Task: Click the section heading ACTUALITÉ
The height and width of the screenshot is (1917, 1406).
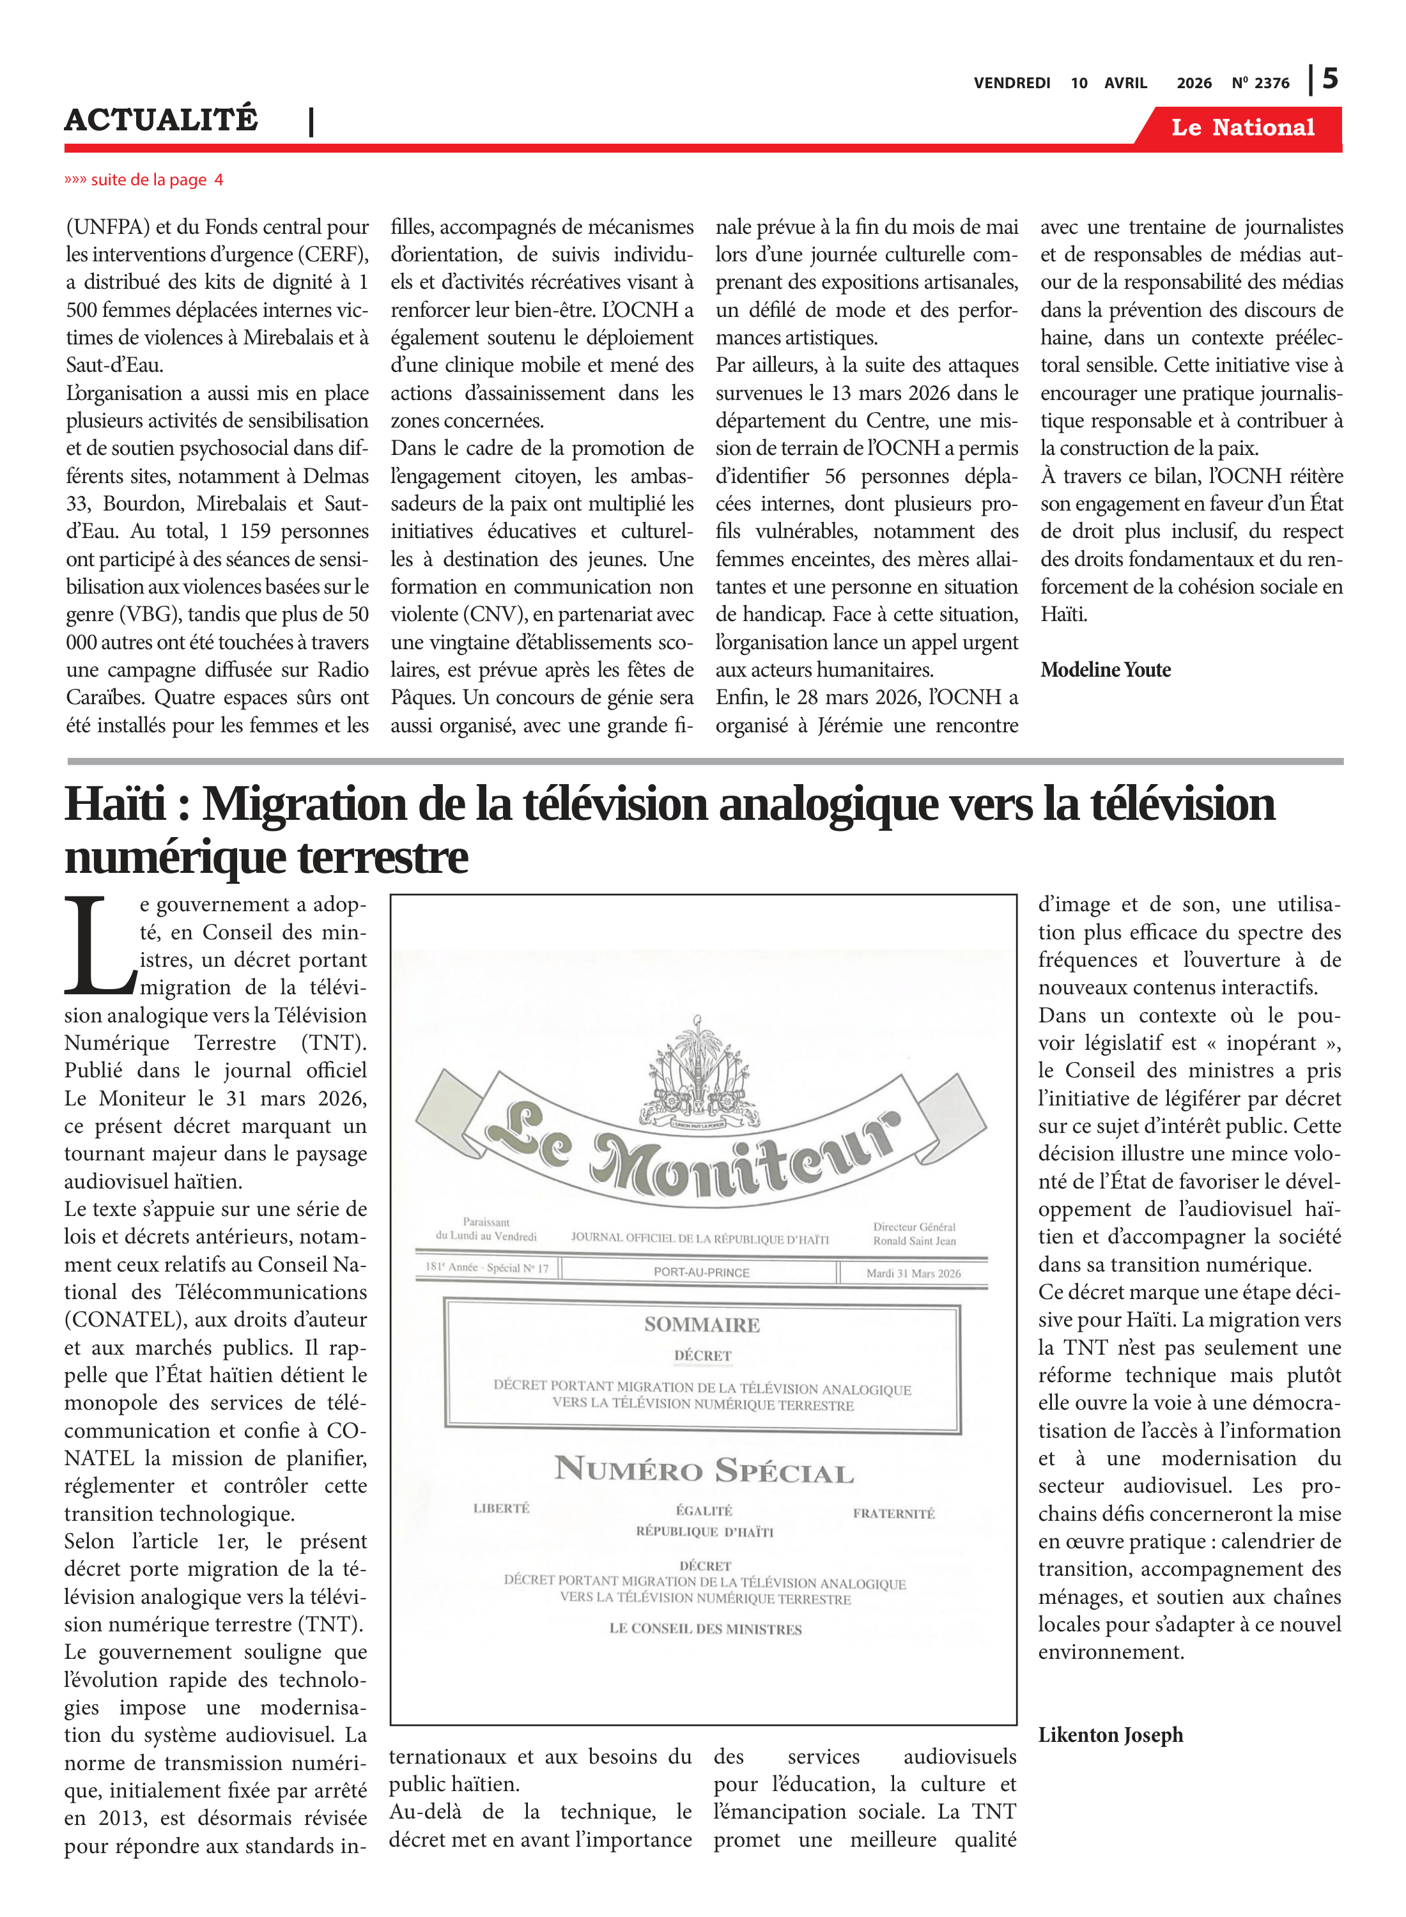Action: (161, 120)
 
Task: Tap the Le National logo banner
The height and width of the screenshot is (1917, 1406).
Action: (1242, 128)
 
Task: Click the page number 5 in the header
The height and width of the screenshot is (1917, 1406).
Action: (1330, 79)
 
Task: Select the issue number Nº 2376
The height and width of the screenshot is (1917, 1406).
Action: (1260, 83)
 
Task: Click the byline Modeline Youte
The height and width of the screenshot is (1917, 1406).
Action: (1105, 670)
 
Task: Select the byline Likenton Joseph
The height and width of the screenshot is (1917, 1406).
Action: (1110, 1734)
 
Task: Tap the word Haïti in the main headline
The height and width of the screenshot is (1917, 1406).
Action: (116, 804)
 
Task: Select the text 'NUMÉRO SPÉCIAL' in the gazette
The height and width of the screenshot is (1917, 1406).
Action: (703, 1470)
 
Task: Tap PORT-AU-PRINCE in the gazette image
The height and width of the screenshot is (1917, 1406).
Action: (701, 1272)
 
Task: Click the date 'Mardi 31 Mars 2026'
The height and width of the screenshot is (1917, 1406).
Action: (913, 1273)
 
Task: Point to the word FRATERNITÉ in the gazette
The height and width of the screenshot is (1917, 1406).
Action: (893, 1513)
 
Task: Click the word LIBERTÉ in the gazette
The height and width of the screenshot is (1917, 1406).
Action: (501, 1508)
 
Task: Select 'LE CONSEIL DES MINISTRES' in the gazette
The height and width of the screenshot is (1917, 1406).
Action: (705, 1629)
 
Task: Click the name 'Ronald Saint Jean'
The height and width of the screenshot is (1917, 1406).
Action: (913, 1240)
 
